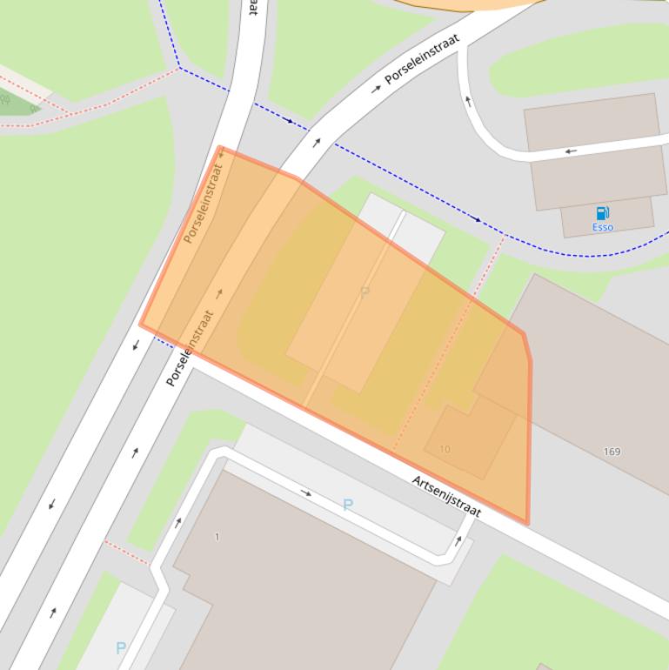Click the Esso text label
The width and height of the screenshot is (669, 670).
click(602, 227)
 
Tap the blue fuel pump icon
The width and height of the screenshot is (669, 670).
click(602, 213)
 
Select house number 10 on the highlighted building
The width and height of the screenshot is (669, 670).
click(445, 449)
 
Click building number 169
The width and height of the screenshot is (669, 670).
click(612, 452)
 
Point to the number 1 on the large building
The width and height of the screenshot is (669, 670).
click(217, 537)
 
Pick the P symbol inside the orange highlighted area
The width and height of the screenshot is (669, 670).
click(365, 292)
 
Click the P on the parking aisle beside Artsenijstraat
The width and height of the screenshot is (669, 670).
click(348, 505)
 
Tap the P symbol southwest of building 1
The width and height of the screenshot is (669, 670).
click(121, 647)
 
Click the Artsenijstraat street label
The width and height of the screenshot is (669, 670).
click(446, 496)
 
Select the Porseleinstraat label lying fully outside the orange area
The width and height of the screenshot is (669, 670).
click(422, 59)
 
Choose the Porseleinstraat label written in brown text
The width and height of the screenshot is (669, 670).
click(203, 204)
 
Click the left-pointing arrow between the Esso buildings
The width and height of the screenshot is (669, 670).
click(571, 151)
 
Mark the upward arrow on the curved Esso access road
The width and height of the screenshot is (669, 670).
click(469, 101)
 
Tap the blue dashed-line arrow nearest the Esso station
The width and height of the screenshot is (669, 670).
click(477, 219)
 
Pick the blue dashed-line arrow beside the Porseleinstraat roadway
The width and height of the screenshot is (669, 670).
click(290, 120)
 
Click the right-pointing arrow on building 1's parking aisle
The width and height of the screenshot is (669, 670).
click(306, 492)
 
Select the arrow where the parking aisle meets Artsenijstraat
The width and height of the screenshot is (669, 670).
click(458, 540)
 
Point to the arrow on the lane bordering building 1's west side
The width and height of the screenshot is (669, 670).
click(177, 522)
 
